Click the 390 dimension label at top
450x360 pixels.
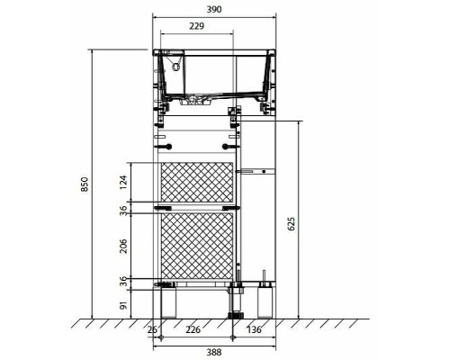(214, 10)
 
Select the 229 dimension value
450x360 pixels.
(196, 26)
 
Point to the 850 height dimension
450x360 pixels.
(85, 184)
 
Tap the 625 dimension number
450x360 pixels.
(291, 223)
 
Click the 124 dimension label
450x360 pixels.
(123, 183)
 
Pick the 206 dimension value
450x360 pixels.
(123, 246)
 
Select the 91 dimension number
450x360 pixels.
(123, 305)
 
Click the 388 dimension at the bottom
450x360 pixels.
(214, 352)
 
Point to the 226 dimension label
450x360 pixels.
(193, 329)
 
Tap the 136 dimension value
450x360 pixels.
(254, 329)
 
